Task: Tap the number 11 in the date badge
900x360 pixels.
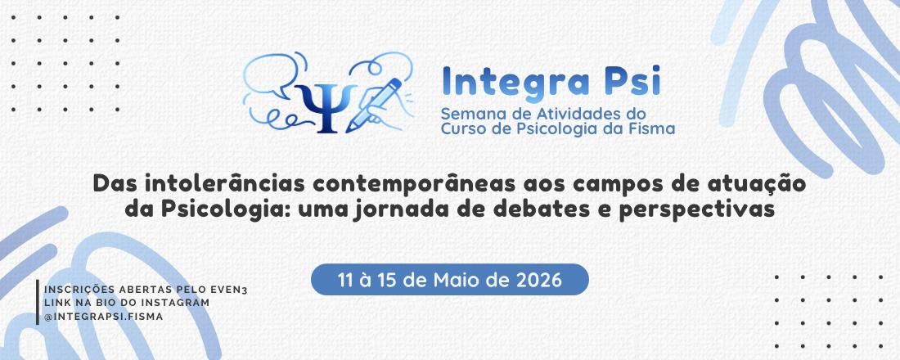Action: coord(346,280)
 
